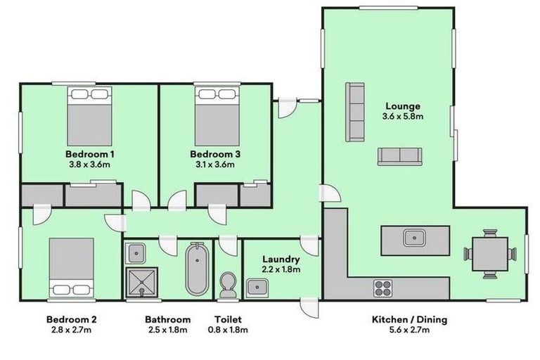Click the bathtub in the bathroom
(197, 269)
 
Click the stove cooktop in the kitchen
(382, 287)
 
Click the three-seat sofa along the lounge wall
(355, 112)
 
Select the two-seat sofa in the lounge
(399, 156)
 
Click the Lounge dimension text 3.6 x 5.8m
(402, 116)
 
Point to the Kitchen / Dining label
(409, 319)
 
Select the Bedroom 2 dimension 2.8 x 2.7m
(71, 329)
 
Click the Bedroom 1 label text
(89, 154)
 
